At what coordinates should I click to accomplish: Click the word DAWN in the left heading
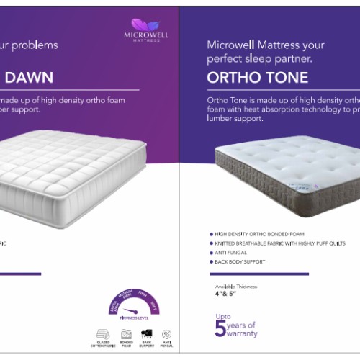[27, 76]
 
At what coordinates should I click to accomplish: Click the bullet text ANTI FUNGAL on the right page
[229, 252]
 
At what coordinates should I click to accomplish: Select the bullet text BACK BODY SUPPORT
[240, 261]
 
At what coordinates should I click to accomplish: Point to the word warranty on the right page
[243, 333]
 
